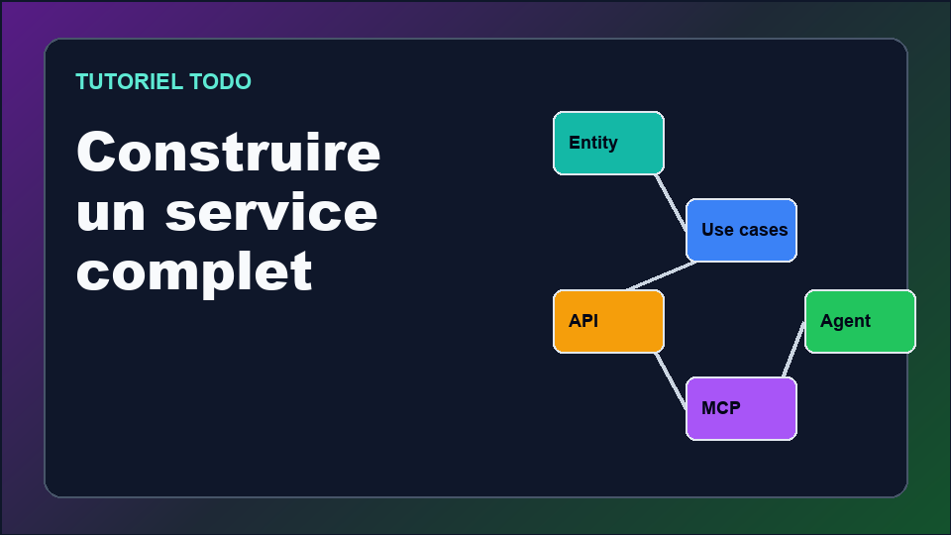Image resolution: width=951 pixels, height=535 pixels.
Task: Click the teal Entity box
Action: coord(608,143)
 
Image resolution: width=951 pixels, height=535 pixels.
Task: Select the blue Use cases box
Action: coord(741,231)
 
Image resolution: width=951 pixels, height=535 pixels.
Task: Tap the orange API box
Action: coord(608,321)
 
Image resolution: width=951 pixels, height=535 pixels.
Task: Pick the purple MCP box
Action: coord(741,409)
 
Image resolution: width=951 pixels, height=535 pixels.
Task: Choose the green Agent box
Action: coord(860,321)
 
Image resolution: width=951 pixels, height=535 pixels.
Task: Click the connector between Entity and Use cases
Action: coord(671,202)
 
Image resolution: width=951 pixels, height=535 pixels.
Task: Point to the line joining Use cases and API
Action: coord(662,276)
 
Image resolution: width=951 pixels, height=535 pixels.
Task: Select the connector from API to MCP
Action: coord(671,380)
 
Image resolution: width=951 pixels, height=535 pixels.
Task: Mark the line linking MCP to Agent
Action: coord(793,350)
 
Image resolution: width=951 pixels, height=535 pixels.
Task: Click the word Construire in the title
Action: coord(229,152)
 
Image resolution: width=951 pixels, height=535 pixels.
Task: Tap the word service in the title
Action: coord(271,212)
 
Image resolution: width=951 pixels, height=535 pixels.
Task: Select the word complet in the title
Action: coord(194,273)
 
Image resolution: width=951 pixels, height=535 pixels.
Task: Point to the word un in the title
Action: coord(111,214)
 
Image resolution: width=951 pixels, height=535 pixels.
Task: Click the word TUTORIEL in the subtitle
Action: coord(129,82)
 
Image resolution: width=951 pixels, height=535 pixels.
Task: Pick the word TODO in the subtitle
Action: coord(220,82)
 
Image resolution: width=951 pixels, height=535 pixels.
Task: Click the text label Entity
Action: coord(593,143)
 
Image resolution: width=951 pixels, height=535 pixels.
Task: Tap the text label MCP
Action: coord(721,408)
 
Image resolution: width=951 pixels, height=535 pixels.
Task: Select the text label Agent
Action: coord(845,321)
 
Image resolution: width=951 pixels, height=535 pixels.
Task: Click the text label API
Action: coord(583,321)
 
